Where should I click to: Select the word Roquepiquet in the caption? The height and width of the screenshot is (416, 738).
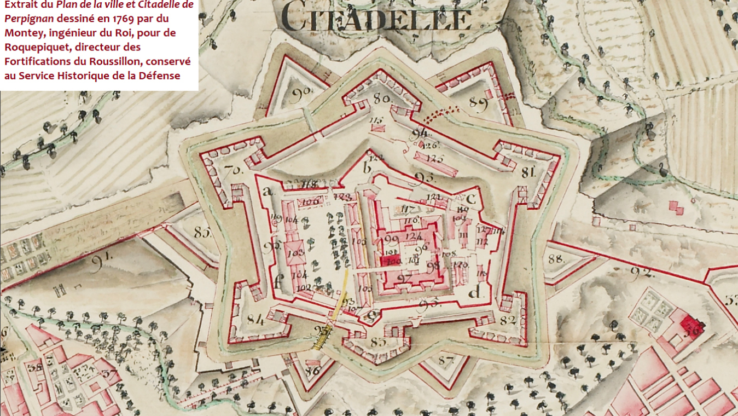(36, 47)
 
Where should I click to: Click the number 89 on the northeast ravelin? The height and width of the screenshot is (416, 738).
(478, 104)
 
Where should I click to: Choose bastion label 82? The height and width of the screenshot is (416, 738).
(508, 320)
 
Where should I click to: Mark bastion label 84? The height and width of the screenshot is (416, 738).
(255, 319)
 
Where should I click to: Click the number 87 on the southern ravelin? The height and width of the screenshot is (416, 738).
(446, 361)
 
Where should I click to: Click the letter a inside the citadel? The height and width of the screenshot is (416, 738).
(268, 191)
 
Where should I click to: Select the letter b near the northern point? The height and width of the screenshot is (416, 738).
(368, 167)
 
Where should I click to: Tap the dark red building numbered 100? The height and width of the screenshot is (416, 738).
(392, 261)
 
